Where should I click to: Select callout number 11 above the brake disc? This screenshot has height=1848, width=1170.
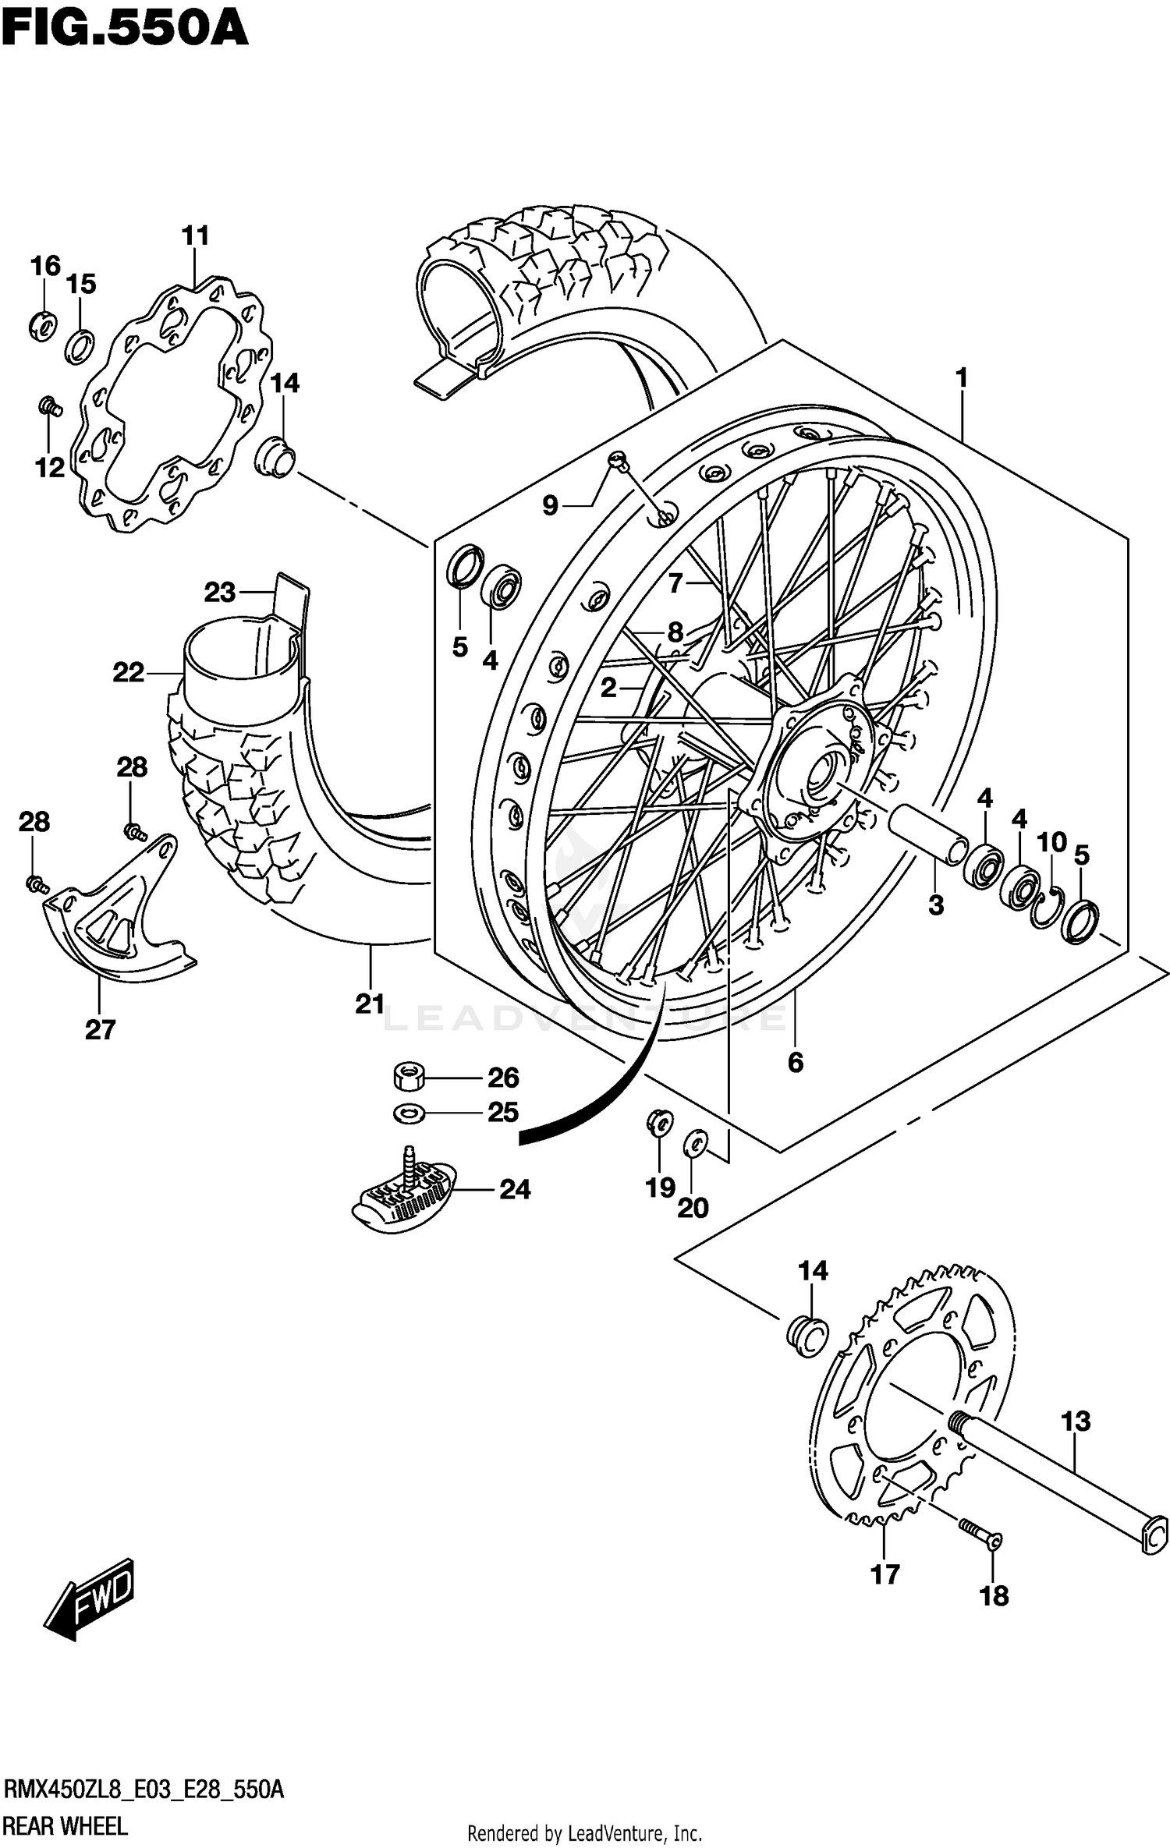[196, 235]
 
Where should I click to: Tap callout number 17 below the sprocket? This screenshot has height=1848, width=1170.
[885, 1574]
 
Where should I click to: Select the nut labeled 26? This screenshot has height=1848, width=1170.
[408, 1078]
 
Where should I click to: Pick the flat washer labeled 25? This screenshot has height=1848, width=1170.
[409, 1113]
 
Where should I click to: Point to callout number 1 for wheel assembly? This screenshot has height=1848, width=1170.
[961, 378]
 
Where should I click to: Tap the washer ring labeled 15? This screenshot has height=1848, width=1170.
[80, 345]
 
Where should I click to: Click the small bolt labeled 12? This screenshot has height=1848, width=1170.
[50, 405]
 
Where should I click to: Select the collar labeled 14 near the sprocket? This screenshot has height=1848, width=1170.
[807, 1336]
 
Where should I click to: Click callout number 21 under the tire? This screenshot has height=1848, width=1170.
[370, 1004]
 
